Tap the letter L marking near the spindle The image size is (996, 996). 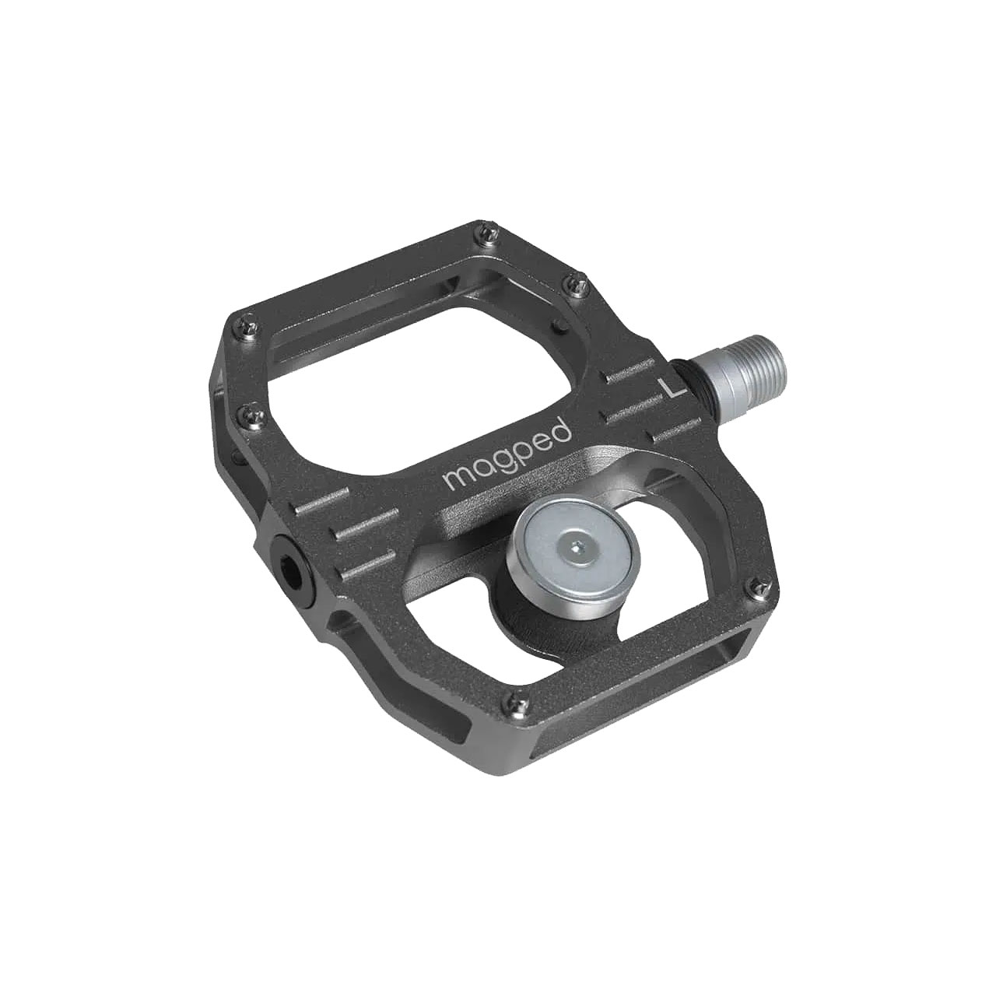665,387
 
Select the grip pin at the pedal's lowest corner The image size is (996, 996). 510,699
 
